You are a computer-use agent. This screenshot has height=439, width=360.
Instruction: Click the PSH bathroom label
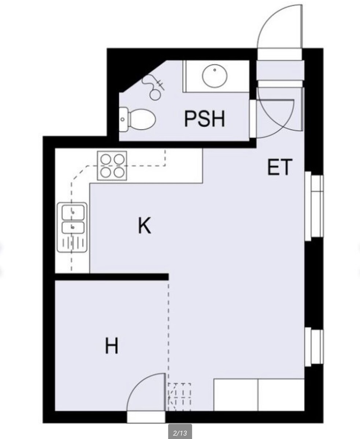pyautogui.click(x=205, y=119)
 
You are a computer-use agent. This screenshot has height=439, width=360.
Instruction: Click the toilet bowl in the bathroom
pyautogui.click(x=143, y=120)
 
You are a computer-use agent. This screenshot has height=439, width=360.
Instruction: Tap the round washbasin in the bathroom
pyautogui.click(x=215, y=75)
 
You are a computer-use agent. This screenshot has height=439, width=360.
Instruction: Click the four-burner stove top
pyautogui.click(x=112, y=166)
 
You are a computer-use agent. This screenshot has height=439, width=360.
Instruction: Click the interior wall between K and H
pyautogui.click(x=112, y=277)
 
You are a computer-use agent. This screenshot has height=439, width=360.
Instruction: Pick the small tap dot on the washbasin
pyautogui.click(x=215, y=70)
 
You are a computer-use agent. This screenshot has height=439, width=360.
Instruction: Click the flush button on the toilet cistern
pyautogui.click(x=123, y=120)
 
